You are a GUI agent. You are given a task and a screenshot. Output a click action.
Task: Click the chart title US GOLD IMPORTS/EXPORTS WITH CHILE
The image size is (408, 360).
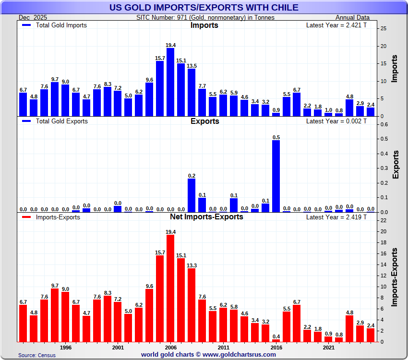point(204,7)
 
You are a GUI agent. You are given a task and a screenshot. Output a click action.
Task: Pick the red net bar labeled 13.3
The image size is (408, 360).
point(192,305)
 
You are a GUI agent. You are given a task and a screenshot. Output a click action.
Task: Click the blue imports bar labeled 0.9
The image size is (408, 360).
point(276,114)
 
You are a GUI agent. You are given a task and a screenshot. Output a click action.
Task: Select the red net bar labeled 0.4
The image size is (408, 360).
point(276,340)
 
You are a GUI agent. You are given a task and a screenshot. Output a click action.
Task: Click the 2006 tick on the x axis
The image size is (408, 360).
point(170,347)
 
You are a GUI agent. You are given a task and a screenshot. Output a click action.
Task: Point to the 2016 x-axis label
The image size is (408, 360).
point(276,347)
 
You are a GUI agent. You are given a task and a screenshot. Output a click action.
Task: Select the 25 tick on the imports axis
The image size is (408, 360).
point(383,28)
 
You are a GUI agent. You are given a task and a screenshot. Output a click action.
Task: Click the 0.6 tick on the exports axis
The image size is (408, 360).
point(384,124)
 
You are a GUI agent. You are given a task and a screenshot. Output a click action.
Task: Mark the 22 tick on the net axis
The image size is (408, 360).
point(383,220)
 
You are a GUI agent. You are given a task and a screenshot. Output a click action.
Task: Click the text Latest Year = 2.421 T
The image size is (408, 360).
point(336,25)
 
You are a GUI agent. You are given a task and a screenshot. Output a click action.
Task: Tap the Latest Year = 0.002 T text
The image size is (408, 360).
point(336,121)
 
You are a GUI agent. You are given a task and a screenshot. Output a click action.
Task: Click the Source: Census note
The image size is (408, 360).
point(37,355)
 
